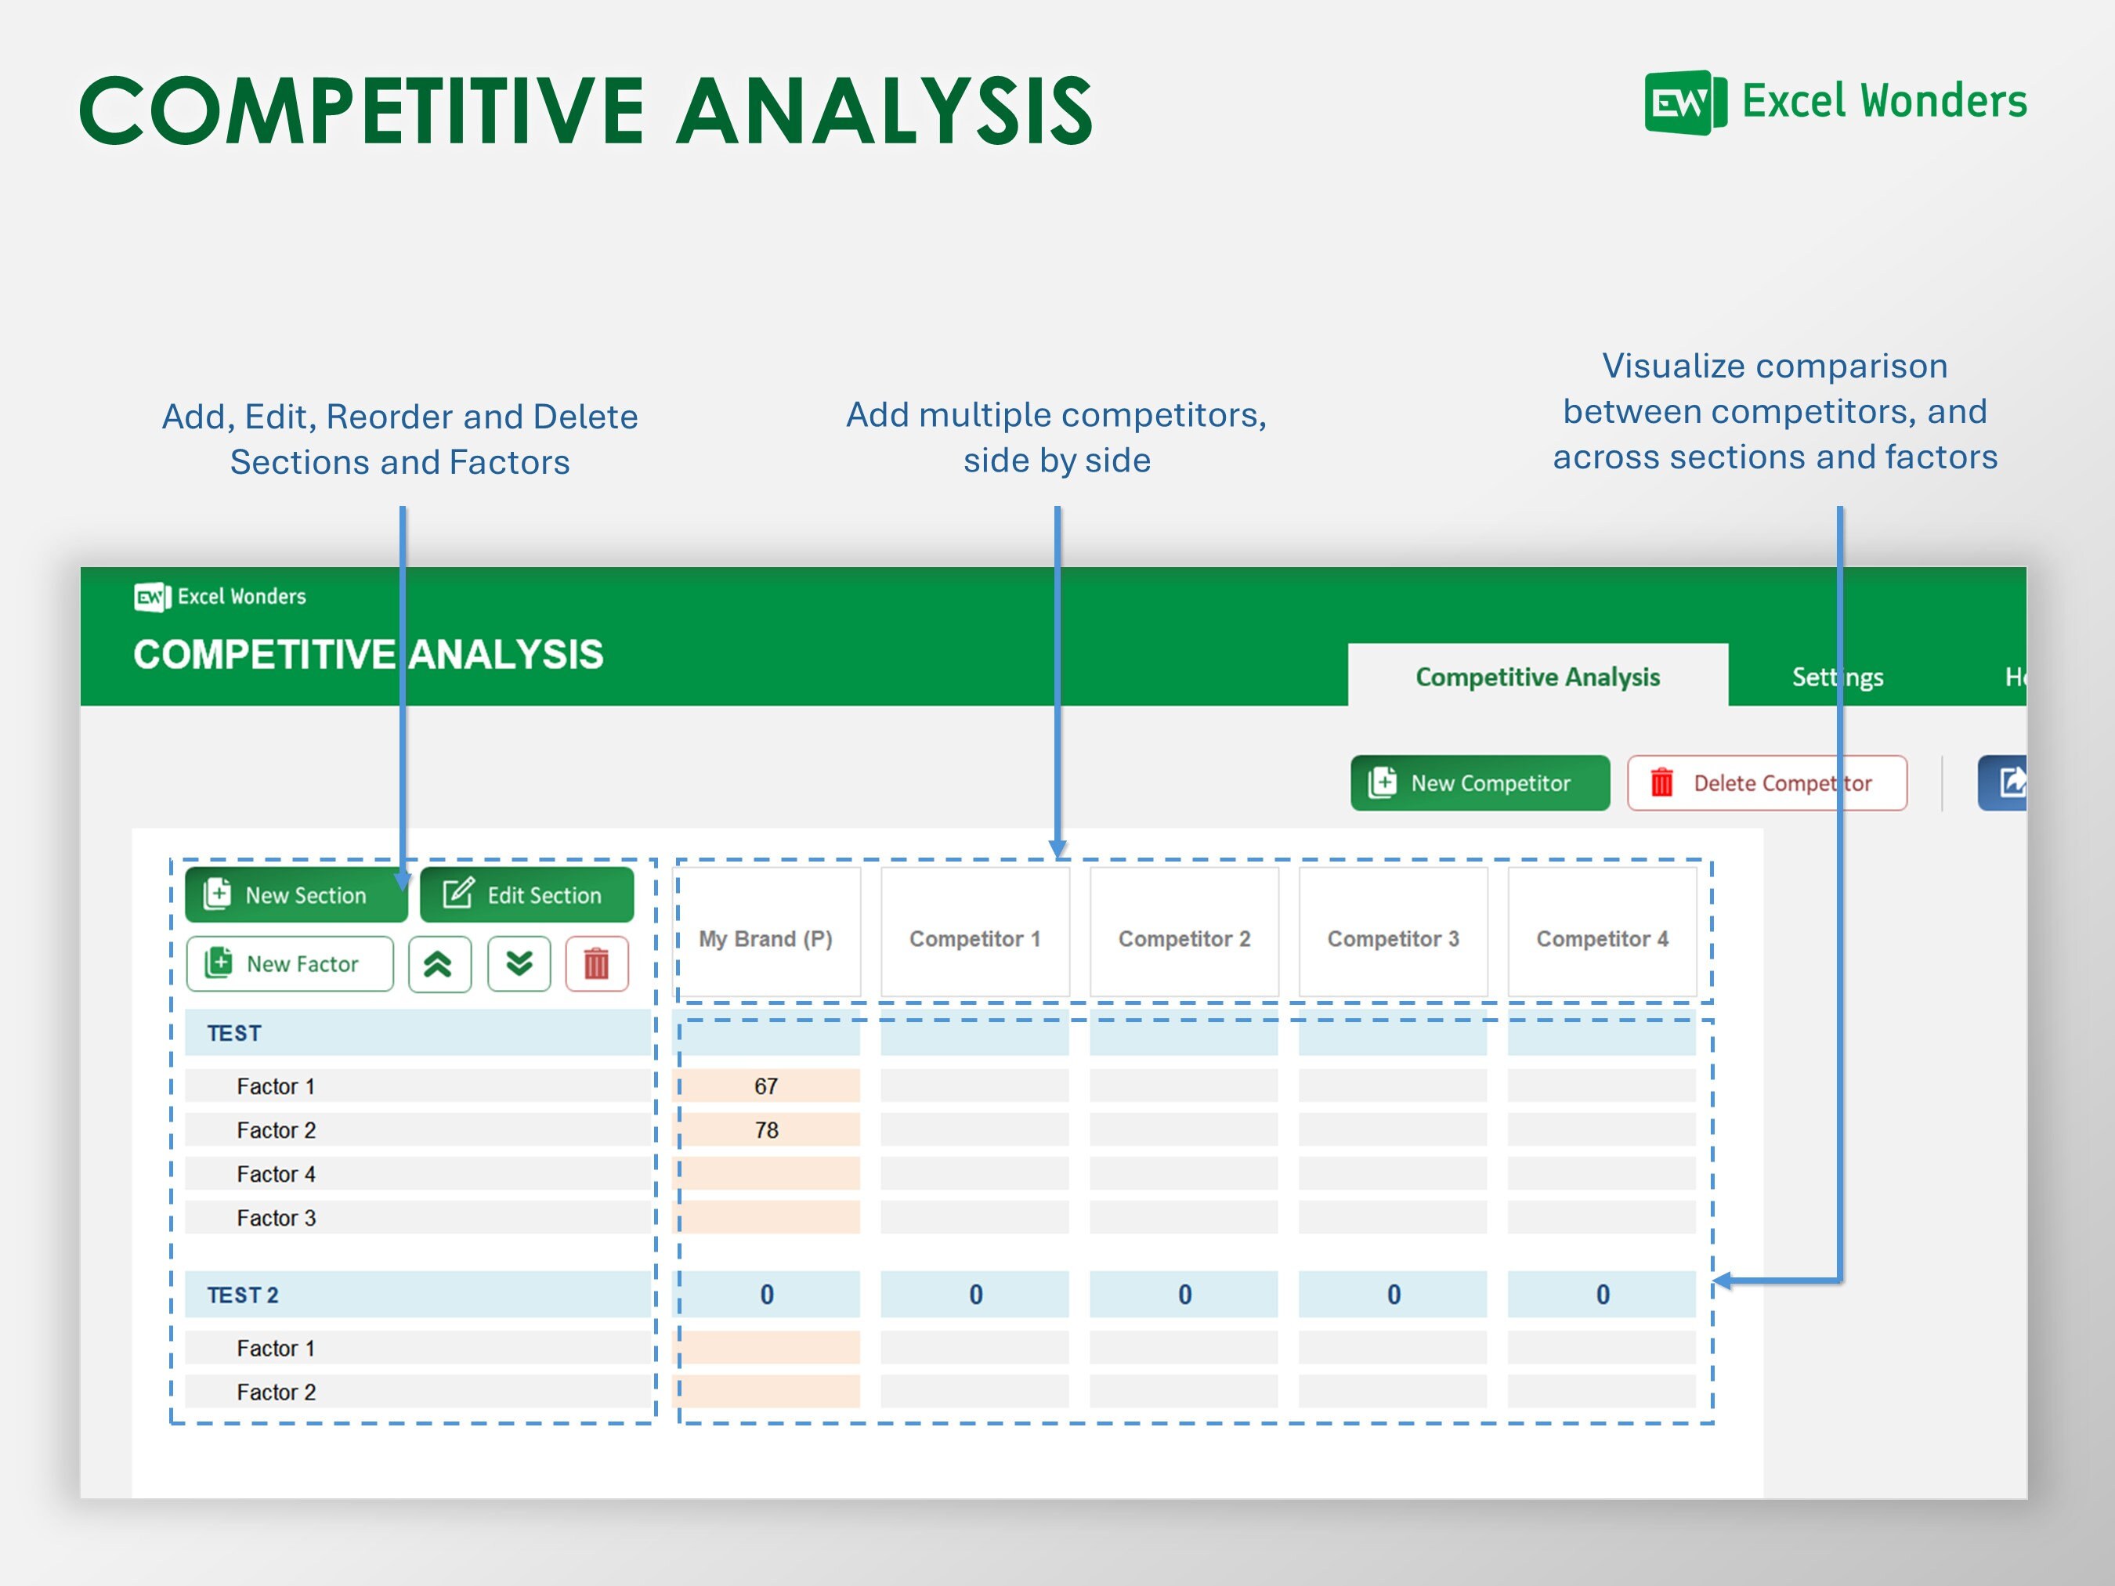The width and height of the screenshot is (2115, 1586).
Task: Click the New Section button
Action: pos(296,894)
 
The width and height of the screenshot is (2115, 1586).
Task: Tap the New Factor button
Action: pos(290,963)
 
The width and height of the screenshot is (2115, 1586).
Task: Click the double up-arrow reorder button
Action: pos(439,963)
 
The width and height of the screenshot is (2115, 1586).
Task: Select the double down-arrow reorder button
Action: pos(519,963)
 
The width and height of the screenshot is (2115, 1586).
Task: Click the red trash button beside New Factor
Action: pos(597,963)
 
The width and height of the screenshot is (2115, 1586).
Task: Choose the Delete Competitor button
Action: pos(1767,783)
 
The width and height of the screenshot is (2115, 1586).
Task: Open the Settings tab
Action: pos(1837,677)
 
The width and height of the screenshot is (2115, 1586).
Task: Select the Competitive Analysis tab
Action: pos(1538,676)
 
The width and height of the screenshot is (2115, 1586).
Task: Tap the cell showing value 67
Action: pos(767,1086)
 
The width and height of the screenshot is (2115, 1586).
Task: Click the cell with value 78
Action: pos(767,1130)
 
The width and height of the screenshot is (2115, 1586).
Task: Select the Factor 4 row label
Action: pos(277,1174)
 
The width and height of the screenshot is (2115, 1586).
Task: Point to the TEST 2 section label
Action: pos(243,1295)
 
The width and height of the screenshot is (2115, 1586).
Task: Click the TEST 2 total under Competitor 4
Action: pos(1602,1295)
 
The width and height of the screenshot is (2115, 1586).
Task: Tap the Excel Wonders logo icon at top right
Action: pos(1686,103)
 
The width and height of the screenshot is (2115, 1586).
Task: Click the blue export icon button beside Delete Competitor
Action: pos(2002,783)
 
